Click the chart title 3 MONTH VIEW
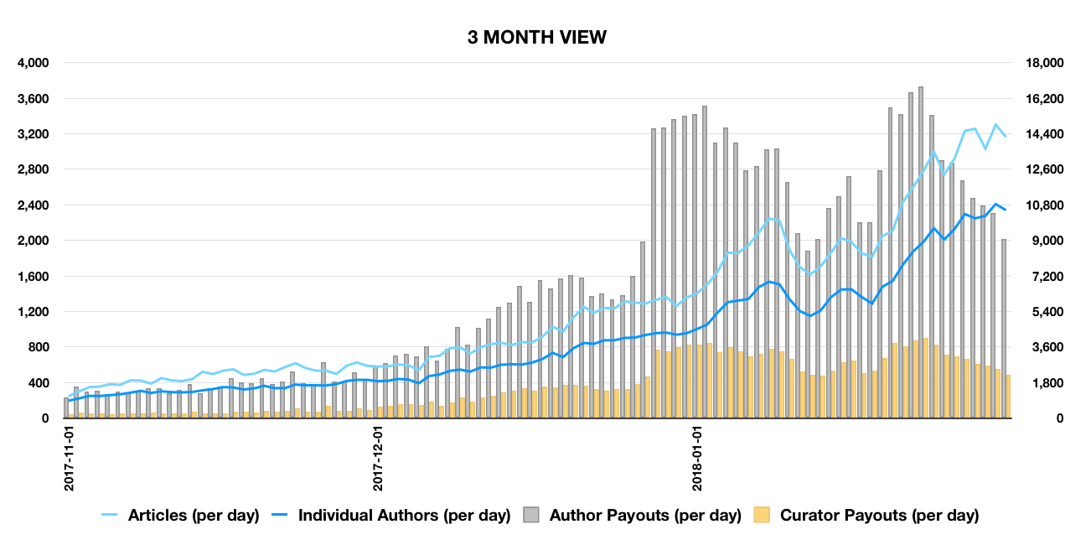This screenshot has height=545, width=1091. pos(537,37)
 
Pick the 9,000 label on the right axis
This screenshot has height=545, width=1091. pos(1044,241)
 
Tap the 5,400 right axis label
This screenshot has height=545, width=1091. pos(1044,312)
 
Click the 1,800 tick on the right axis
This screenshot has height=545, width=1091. pos(1044,383)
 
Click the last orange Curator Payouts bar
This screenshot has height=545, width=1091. pos(1008,397)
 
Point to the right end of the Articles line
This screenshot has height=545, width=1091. pos(1006,136)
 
